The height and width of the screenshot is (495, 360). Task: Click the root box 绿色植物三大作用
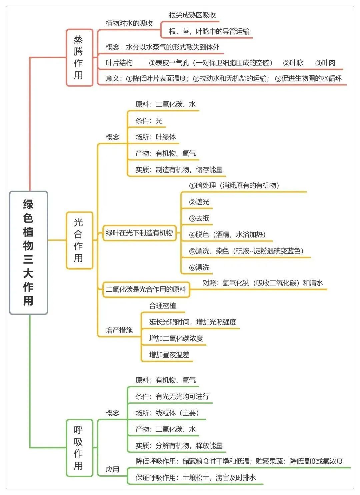[x=28, y=253]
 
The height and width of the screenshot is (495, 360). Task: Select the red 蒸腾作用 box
[x=79, y=58]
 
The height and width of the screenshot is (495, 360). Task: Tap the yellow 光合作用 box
[x=79, y=240]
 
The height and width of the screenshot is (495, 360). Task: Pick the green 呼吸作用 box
[x=79, y=447]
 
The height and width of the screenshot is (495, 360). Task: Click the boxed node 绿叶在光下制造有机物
[x=139, y=233]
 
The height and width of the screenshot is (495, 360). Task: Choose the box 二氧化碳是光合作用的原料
[x=146, y=289]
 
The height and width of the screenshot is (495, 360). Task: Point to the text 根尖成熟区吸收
[x=192, y=15]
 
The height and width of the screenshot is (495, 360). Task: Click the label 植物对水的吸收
[x=129, y=23]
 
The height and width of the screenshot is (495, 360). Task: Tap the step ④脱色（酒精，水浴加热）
[x=227, y=234]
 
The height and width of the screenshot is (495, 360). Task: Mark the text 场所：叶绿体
[x=155, y=137]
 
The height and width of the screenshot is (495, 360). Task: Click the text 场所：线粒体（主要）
[x=167, y=413]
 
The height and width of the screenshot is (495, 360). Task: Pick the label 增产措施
[x=119, y=330]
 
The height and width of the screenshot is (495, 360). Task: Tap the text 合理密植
[x=163, y=306]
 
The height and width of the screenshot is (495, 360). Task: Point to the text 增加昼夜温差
[x=169, y=355]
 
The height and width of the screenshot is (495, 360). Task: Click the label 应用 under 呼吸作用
[x=112, y=469]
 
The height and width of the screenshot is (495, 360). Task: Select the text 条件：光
[x=149, y=120]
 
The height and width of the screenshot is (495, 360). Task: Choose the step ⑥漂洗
[x=199, y=267]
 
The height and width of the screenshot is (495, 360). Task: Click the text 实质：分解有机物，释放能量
[x=179, y=445]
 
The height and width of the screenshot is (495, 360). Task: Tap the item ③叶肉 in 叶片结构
[x=325, y=63]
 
